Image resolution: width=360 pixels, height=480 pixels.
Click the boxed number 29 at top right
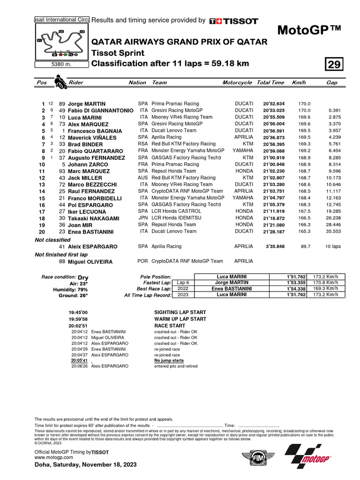pos(334,64)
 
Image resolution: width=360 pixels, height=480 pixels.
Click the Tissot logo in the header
pos(233,21)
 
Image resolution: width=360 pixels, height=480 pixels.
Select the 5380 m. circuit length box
pos(61,65)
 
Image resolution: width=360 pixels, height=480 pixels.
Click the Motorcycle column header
pos(237,82)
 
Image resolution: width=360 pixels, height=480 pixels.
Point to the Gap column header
pos(331,82)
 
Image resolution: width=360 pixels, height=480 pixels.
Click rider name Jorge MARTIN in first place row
pos(87,104)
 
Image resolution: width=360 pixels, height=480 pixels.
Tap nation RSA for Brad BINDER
pos(142,144)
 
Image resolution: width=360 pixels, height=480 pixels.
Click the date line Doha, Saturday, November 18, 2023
pos(86,465)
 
